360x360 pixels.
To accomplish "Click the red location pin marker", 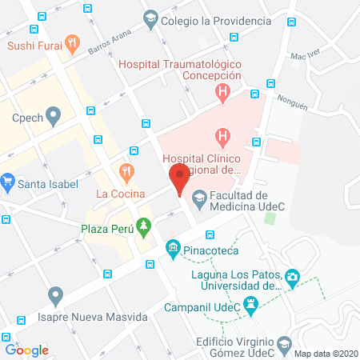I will tap(179, 177).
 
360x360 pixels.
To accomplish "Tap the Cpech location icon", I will tap(54, 117).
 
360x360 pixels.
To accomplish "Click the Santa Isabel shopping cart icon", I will tap(8, 183).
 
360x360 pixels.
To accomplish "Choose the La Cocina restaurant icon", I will tap(126, 170).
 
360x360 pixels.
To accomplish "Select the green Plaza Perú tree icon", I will tap(144, 228).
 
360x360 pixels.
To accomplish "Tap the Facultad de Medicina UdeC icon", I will tap(199, 196).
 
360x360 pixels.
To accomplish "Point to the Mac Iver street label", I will tap(305, 56).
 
